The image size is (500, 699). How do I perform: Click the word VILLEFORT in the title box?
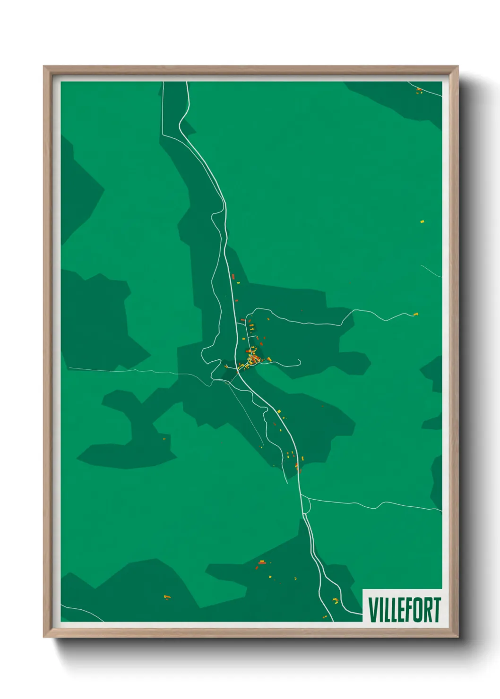(x=404, y=610)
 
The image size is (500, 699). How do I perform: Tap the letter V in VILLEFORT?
(x=373, y=610)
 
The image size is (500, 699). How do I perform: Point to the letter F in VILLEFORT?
(x=410, y=610)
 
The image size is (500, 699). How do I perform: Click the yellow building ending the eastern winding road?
(x=416, y=314)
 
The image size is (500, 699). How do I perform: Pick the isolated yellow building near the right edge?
(x=422, y=221)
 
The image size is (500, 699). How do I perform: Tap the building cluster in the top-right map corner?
(x=419, y=90)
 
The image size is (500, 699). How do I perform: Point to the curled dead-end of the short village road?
(x=299, y=362)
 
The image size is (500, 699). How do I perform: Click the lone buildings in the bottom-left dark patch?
(x=166, y=597)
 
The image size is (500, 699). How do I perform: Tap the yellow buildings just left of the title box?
(x=336, y=600)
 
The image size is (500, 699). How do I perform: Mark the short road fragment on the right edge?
(x=431, y=271)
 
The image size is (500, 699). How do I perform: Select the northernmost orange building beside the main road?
(x=233, y=276)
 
